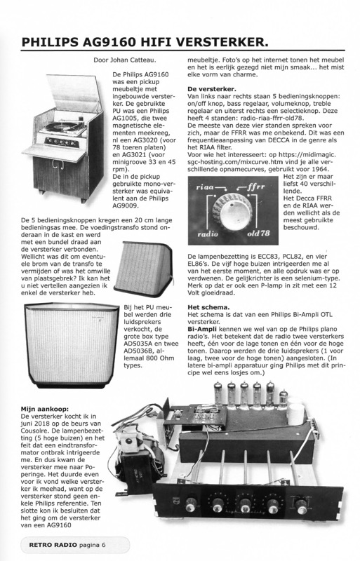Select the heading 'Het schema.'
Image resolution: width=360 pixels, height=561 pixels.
pyautogui.click(x=208, y=307)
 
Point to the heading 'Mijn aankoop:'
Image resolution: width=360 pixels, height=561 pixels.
pyautogui.click(x=44, y=409)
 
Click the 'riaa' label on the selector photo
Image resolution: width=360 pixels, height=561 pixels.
pyautogui.click(x=205, y=187)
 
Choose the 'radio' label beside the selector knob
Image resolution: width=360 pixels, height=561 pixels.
pyautogui.click(x=208, y=234)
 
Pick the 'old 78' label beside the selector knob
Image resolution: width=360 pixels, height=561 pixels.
pyautogui.click(x=258, y=234)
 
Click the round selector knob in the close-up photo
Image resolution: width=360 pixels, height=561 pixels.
pyautogui.click(x=232, y=212)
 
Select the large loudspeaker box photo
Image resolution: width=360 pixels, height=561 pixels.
pyautogui.click(x=72, y=345)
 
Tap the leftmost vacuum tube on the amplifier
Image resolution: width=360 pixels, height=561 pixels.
pyautogui.click(x=218, y=396)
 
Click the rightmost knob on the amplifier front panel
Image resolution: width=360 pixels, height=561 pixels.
pyautogui.click(x=302, y=506)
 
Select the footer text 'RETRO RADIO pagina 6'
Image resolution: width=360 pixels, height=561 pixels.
pyautogui.click(x=67, y=545)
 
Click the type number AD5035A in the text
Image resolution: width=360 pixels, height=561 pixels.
pyautogui.click(x=140, y=344)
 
